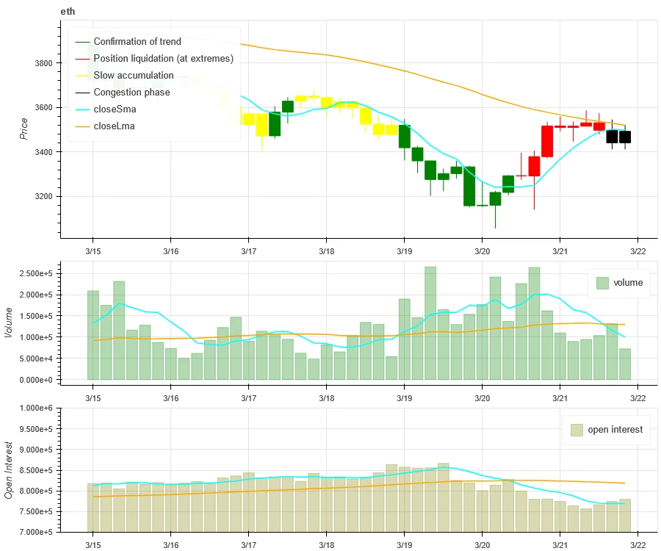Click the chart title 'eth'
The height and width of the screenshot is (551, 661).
click(x=67, y=12)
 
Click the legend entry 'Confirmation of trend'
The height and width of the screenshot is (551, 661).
click(x=137, y=42)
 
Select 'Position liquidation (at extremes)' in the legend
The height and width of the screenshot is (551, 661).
click(x=163, y=59)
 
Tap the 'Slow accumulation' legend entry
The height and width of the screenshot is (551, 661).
click(x=134, y=76)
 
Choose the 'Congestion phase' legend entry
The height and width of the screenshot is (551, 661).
click(x=131, y=93)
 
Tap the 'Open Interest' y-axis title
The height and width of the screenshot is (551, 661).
click(x=9, y=469)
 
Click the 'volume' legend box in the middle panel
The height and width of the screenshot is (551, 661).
click(x=618, y=283)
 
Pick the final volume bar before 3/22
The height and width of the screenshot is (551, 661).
click(x=624, y=364)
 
